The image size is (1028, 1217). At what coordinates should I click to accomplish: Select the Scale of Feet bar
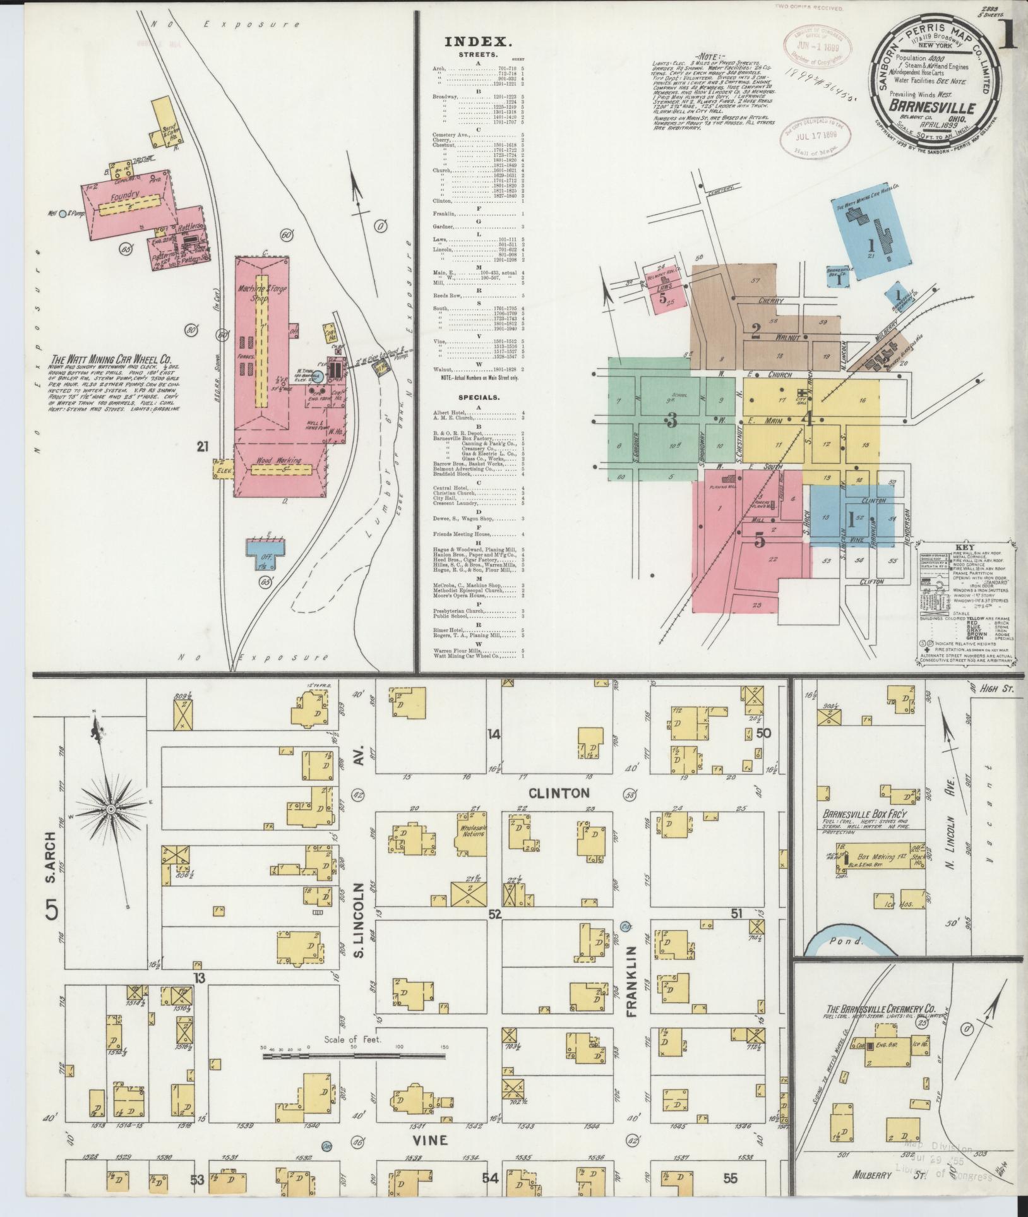[354, 1055]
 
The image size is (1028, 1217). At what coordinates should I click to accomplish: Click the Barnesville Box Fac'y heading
[861, 815]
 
